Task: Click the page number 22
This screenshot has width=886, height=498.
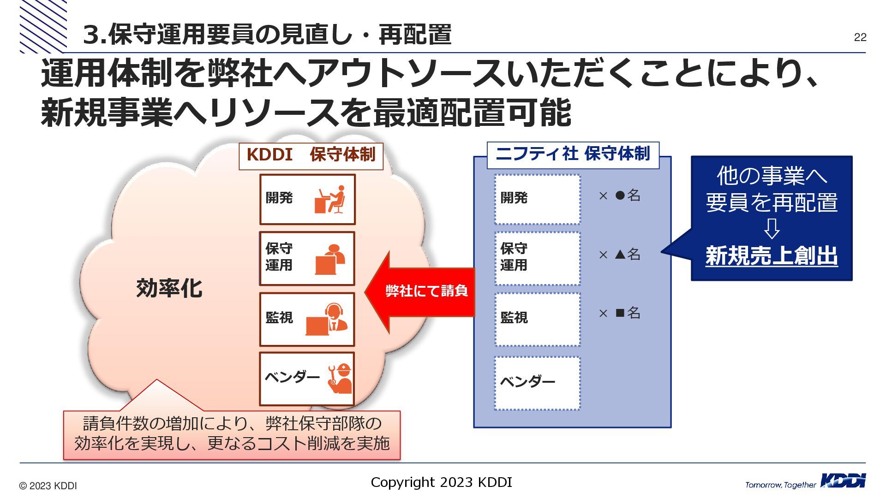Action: pyautogui.click(x=860, y=37)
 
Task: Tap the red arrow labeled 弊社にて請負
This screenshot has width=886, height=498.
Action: pyautogui.click(x=420, y=291)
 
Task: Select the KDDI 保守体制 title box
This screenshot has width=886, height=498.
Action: pyautogui.click(x=311, y=155)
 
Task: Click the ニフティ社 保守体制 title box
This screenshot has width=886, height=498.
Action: pyautogui.click(x=573, y=154)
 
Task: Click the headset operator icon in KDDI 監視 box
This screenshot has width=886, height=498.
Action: pyautogui.click(x=328, y=319)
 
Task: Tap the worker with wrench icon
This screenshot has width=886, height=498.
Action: pyautogui.click(x=340, y=379)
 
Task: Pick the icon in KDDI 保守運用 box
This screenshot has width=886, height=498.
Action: pyautogui.click(x=329, y=259)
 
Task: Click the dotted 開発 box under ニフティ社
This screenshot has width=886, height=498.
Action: pyautogui.click(x=537, y=199)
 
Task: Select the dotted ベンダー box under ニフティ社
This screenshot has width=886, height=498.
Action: pyautogui.click(x=537, y=382)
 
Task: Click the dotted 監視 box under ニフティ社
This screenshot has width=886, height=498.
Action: pyautogui.click(x=537, y=319)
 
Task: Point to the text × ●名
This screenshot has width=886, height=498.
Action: pyautogui.click(x=619, y=196)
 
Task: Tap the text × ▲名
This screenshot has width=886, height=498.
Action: pyautogui.click(x=619, y=254)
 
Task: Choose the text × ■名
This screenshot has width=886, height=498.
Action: pyautogui.click(x=619, y=313)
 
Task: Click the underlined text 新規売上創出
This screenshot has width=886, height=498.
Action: pyautogui.click(x=771, y=256)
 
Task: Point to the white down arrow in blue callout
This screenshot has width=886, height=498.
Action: pyautogui.click(x=772, y=228)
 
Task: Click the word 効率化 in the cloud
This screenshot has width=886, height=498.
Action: pyautogui.click(x=169, y=288)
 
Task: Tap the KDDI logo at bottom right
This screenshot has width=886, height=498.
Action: pyautogui.click(x=843, y=481)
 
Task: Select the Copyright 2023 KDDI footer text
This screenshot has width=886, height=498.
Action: pyautogui.click(x=441, y=482)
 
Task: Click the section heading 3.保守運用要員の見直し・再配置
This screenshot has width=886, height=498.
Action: pyautogui.click(x=267, y=35)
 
